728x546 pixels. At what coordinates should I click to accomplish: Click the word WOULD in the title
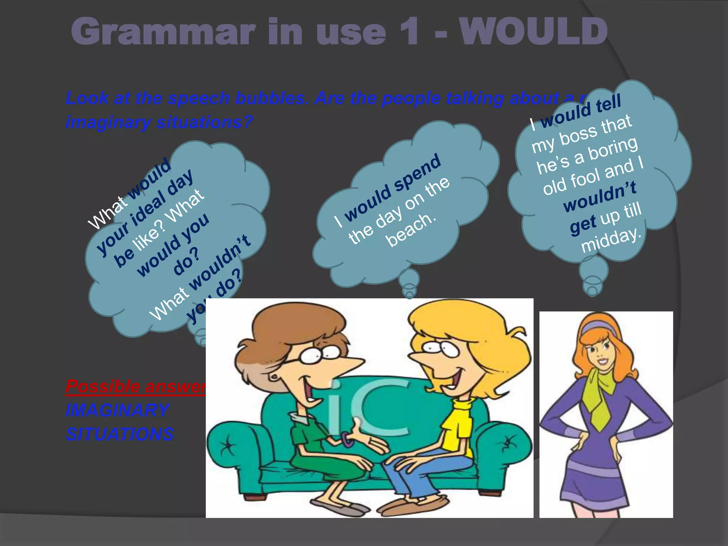click(533, 32)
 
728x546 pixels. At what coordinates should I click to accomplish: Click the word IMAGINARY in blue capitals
click(117, 411)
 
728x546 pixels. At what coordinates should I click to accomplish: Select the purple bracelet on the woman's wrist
click(347, 439)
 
